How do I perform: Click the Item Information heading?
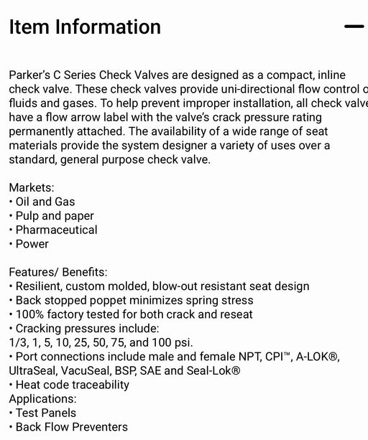pyautogui.click(x=85, y=27)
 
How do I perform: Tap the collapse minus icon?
pyautogui.click(x=354, y=27)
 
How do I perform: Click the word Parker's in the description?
pyautogui.click(x=29, y=75)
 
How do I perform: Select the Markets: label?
pyautogui.click(x=32, y=188)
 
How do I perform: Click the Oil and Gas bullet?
pyautogui.click(x=45, y=202)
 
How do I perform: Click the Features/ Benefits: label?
pyautogui.click(x=58, y=272)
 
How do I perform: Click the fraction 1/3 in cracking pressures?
pyautogui.click(x=17, y=342)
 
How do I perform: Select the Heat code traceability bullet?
pyautogui.click(x=72, y=385)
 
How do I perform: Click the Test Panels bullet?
pyautogui.click(x=45, y=413)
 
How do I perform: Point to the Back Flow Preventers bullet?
pyautogui.click(x=71, y=427)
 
